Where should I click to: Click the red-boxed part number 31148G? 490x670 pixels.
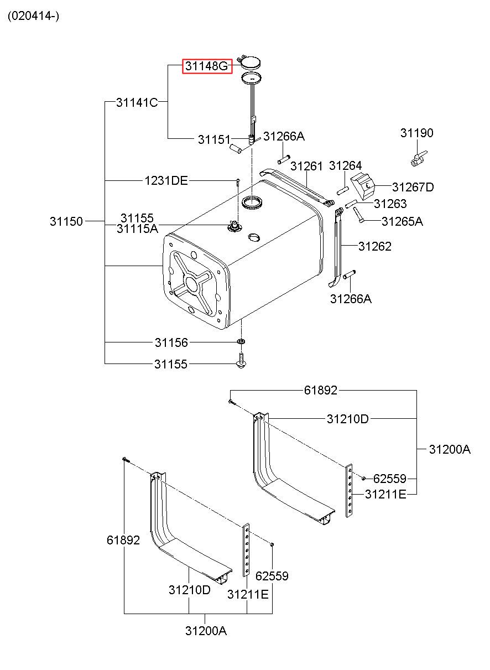click(207, 66)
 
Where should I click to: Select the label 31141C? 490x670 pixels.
click(137, 102)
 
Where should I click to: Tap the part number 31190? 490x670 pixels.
click(417, 133)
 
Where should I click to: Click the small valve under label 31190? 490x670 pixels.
click(419, 159)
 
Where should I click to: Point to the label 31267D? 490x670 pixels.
click(413, 187)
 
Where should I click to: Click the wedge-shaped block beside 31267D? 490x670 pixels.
click(363, 185)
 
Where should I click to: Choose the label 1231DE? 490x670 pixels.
click(166, 181)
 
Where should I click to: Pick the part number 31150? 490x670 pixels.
click(66, 221)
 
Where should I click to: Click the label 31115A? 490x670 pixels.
click(137, 229)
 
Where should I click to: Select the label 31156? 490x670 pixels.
click(171, 342)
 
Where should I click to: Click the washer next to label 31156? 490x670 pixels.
click(241, 341)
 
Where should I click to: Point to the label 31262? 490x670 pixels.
click(375, 246)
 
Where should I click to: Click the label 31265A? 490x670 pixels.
click(403, 221)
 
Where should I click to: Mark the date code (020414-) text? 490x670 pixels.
click(34, 16)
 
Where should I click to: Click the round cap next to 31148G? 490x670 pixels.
click(251, 63)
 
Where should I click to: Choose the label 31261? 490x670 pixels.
click(306, 167)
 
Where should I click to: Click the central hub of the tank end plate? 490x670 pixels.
click(191, 283)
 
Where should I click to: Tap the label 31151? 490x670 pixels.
click(214, 139)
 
